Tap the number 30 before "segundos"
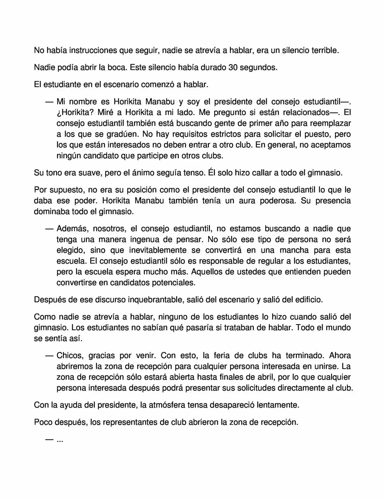pyautogui.click(x=233, y=67)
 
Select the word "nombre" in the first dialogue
pyautogui.click(x=83, y=102)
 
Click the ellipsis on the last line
pyautogui.click(x=60, y=441)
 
